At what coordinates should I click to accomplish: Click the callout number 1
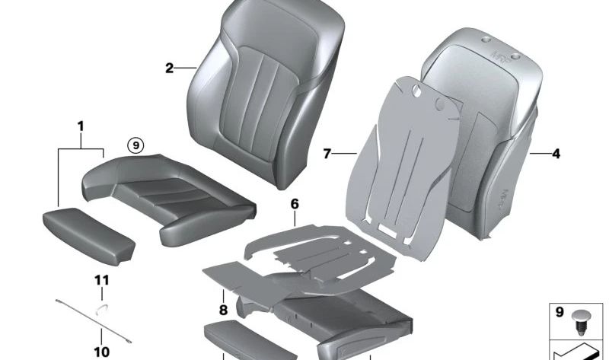coord(80,126)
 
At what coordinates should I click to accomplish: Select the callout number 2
coord(170,68)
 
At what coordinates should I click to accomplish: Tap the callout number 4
coord(556,154)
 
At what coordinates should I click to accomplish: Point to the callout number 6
coord(295,204)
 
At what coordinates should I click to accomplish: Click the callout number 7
coord(327,155)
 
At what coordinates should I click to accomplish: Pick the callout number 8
coord(223,310)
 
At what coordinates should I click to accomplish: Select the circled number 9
coord(135,144)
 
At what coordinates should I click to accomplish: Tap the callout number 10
coord(101,352)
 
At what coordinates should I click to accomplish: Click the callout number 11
coord(101,281)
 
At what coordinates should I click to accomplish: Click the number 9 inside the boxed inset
coord(559,312)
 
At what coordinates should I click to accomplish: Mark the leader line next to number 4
coord(540,154)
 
